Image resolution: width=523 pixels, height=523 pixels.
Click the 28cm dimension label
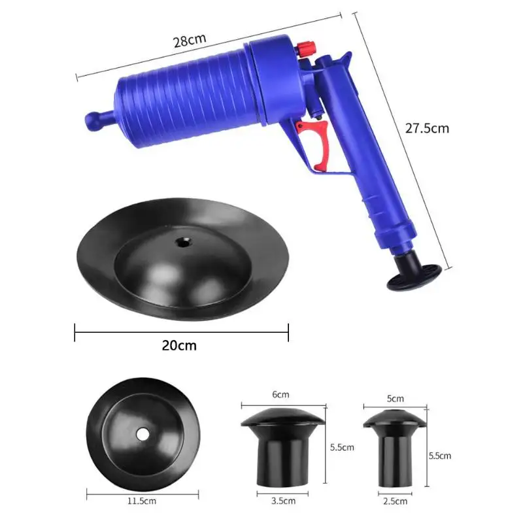190,41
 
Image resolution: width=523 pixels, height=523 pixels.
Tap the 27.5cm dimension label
427,128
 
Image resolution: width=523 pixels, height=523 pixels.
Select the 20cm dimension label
179,346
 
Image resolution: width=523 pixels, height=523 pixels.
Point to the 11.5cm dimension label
142,501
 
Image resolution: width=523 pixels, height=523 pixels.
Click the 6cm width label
280,395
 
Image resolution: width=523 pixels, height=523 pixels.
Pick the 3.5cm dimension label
283,501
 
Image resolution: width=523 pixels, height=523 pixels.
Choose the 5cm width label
396,399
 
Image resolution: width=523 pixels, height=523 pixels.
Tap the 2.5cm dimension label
396,501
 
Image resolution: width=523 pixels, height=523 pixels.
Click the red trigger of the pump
314,144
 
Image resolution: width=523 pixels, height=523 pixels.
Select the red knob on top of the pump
306,49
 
